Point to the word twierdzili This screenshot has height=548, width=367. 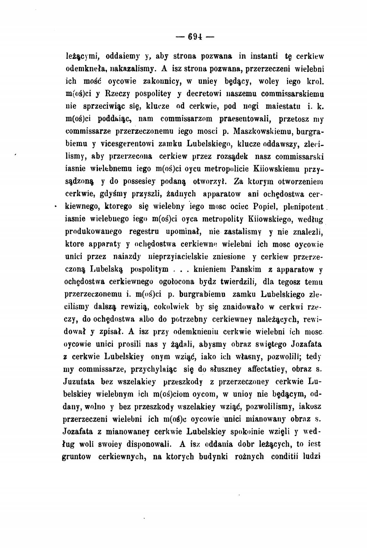(238, 282)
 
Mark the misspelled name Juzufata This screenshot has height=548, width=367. (80, 382)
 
